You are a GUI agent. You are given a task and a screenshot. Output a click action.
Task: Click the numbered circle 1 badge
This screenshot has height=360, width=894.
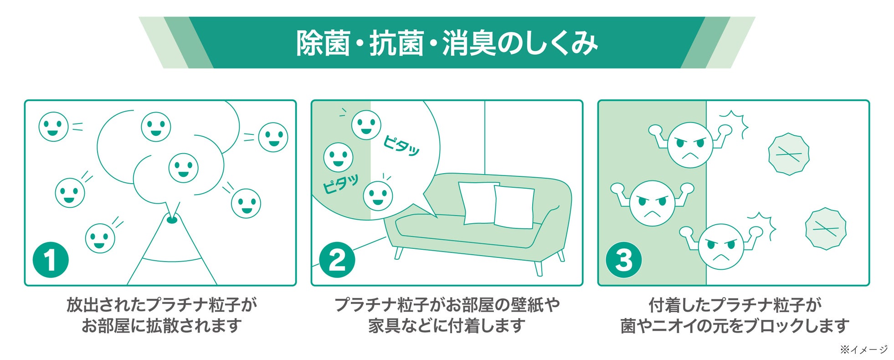(x=51, y=260)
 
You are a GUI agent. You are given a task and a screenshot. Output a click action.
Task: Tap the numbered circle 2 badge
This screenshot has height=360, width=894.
(x=337, y=260)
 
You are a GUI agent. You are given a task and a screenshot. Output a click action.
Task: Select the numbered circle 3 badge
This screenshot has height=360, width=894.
(x=623, y=260)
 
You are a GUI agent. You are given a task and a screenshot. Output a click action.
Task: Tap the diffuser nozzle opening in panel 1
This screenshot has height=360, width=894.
(x=172, y=221)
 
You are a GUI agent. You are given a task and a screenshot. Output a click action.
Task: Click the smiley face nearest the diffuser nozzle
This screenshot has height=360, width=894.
(x=183, y=168)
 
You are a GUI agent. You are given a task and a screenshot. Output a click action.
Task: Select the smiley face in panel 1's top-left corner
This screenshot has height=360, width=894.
(x=53, y=127)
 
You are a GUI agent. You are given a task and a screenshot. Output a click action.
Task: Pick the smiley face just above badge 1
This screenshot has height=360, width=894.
(x=100, y=238)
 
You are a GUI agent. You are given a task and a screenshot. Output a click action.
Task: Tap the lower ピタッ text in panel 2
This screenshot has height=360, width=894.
(x=340, y=184)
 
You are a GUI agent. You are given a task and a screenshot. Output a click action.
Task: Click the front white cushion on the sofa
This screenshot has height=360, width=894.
(x=514, y=207)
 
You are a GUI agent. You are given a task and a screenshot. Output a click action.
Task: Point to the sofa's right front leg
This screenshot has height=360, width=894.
(x=538, y=268)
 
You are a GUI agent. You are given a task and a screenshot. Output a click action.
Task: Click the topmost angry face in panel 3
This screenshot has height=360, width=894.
(x=690, y=145)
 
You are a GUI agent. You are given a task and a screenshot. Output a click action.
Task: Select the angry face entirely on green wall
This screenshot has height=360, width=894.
(x=652, y=203)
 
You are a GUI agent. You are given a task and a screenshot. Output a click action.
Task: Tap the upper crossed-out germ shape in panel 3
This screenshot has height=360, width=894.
(x=789, y=154)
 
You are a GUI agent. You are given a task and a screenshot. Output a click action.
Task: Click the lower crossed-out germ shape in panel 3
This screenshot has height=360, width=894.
(x=826, y=229)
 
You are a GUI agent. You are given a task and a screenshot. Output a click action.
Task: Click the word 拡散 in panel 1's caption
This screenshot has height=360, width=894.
(x=163, y=325)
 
